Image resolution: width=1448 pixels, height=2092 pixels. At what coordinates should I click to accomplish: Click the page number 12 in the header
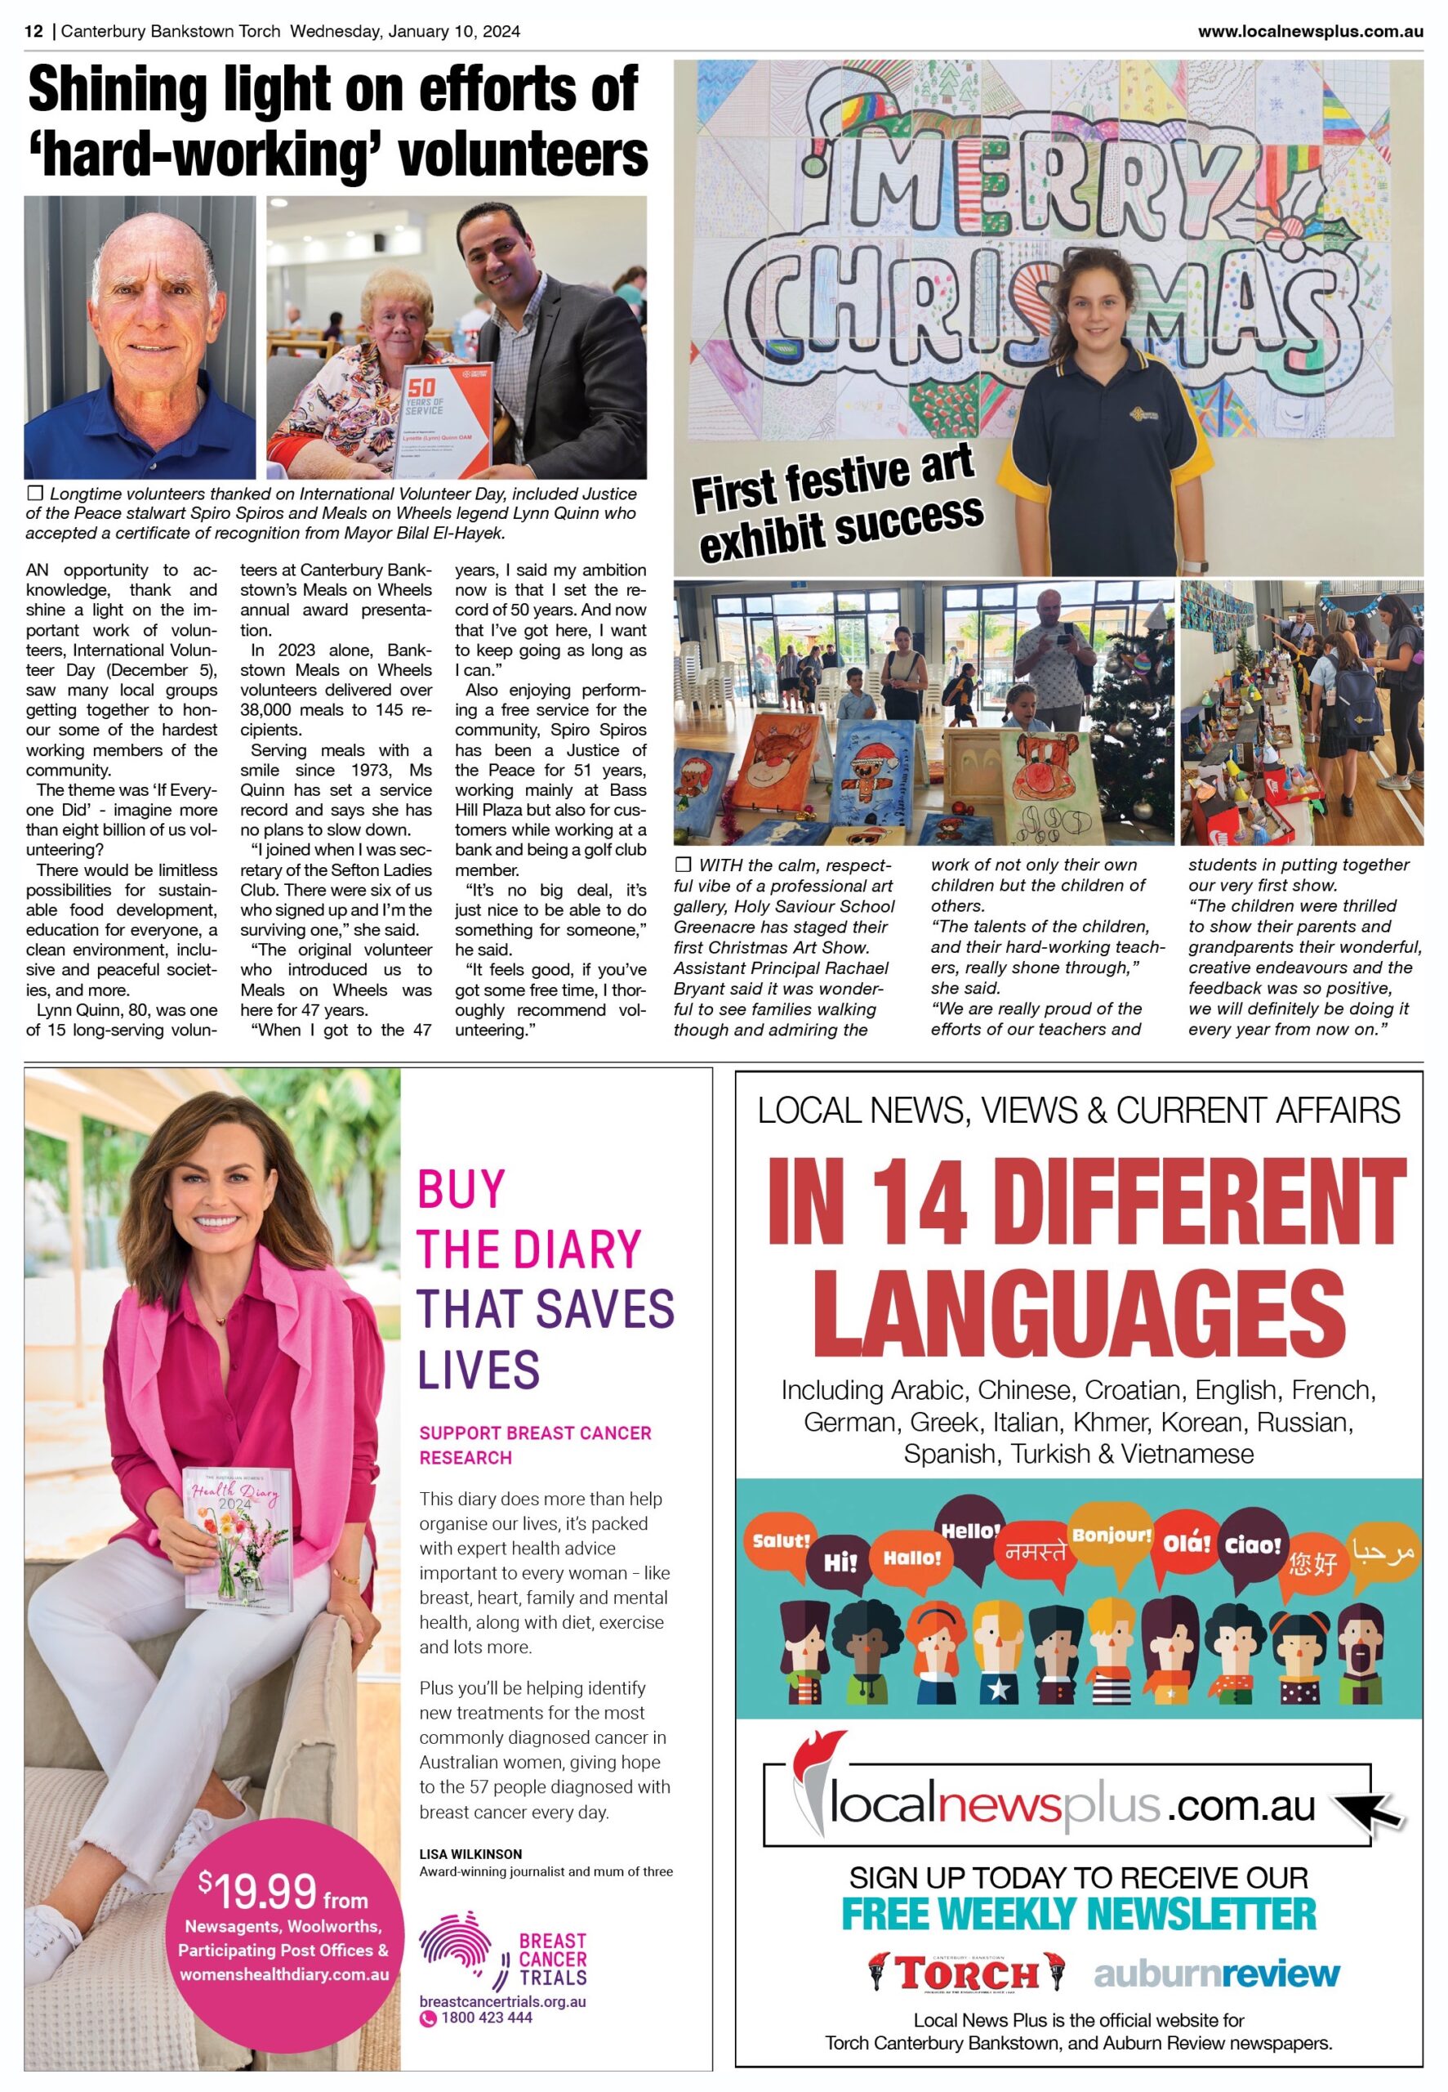coord(33,32)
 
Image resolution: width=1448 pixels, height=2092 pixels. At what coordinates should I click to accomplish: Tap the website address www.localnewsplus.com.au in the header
coord(1309,32)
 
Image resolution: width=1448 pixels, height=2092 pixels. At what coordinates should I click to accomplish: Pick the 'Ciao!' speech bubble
coord(1252,1544)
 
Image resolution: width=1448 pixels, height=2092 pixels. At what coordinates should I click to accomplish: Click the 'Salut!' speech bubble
coord(780,1541)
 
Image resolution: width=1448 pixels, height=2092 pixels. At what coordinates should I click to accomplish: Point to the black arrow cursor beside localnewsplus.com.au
coord(1375,1807)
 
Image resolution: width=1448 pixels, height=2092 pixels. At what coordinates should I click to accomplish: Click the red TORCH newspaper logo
coord(965,1974)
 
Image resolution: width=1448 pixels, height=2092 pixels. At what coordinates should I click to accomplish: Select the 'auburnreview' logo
coord(1216,1974)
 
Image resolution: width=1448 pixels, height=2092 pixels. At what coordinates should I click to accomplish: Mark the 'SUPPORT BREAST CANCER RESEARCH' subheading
coord(534,1445)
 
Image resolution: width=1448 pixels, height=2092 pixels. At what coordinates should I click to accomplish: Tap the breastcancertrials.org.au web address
coord(501,2001)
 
